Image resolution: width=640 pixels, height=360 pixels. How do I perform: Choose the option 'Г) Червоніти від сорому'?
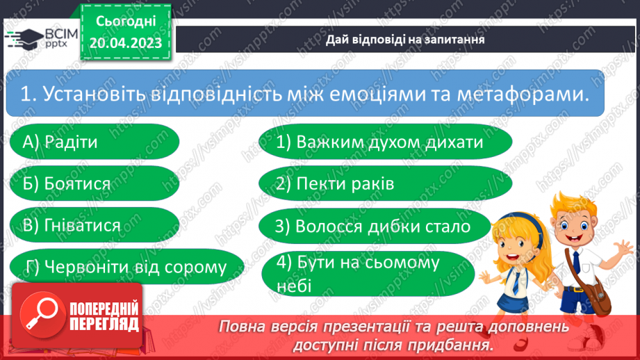coord(126,267)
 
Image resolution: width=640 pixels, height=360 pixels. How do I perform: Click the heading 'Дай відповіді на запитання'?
coord(405,39)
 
